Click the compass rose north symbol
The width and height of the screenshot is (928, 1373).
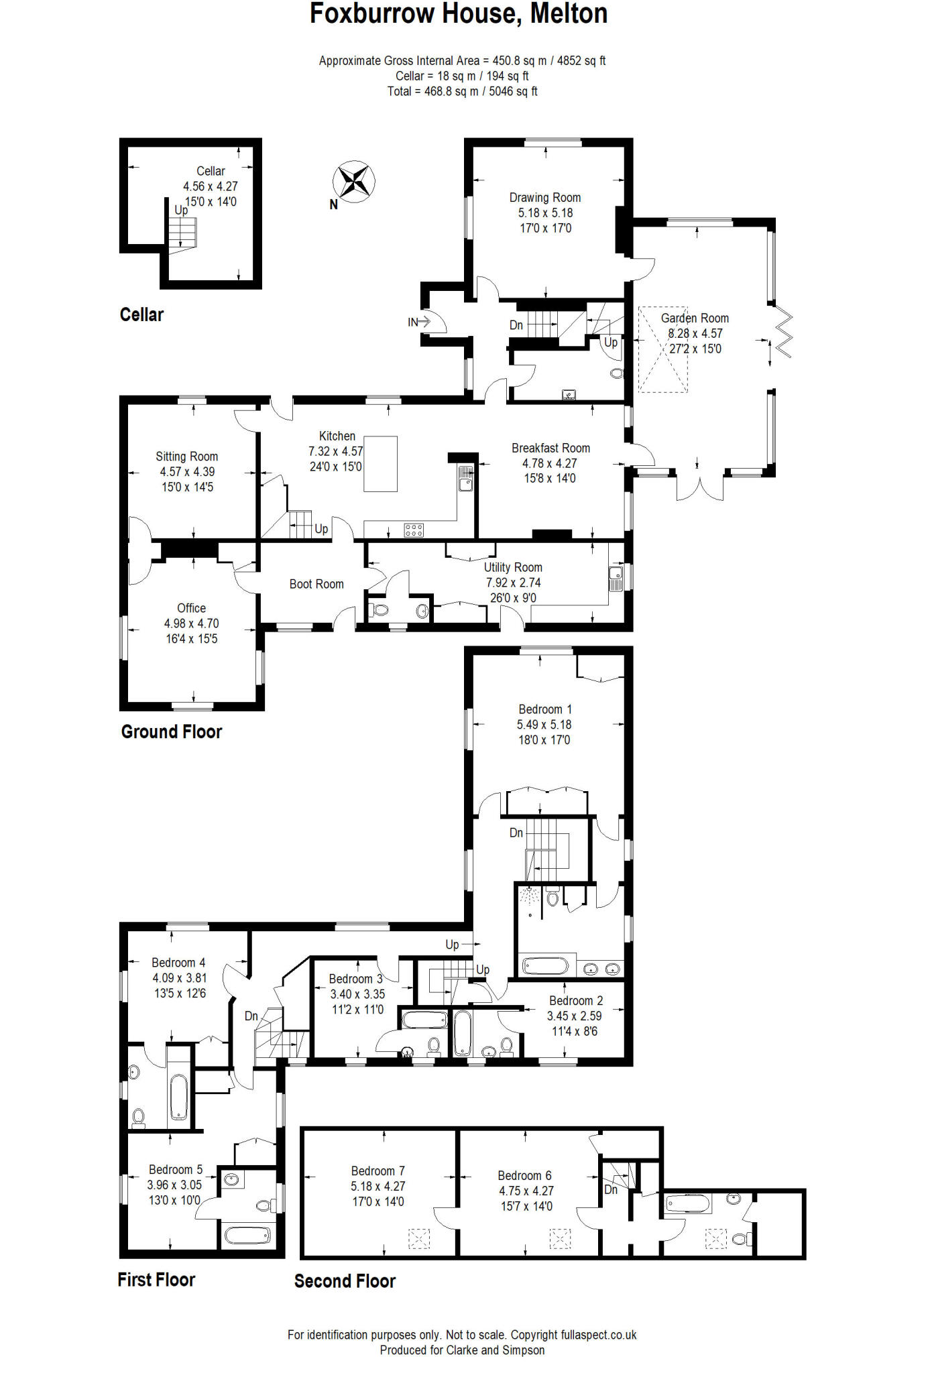(353, 182)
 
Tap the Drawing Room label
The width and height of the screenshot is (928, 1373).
(544, 198)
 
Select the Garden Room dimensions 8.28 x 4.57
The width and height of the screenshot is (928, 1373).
(695, 334)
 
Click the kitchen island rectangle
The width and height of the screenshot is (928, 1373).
(380, 464)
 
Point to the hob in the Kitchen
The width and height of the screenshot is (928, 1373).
(414, 530)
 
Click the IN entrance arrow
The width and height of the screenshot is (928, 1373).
(419, 322)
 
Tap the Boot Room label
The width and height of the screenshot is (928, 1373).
(316, 584)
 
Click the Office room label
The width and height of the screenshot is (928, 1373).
(191, 608)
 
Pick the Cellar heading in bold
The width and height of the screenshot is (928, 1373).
(141, 314)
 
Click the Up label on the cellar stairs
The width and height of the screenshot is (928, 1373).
(181, 210)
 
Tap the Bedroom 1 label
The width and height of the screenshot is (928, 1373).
(544, 709)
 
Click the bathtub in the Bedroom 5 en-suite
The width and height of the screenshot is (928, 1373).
(247, 1234)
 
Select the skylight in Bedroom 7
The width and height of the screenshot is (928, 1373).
(419, 1238)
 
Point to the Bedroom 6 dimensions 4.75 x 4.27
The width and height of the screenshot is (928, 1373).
(526, 1191)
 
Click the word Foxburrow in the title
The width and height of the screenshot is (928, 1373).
(371, 14)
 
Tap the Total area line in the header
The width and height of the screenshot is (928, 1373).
(462, 91)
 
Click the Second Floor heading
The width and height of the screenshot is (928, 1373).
(345, 1281)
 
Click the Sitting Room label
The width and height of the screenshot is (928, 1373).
(186, 457)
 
